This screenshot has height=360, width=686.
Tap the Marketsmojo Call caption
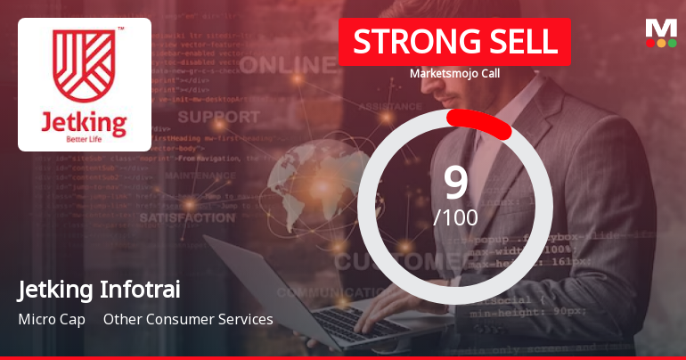tap(454, 74)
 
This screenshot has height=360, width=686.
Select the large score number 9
tap(455, 183)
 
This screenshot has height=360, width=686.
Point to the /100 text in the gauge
tap(455, 217)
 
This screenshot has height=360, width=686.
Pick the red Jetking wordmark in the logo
tap(84, 121)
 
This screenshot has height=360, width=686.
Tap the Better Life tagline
tap(84, 140)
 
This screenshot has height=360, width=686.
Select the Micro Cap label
tap(51, 319)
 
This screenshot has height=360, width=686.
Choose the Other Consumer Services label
tap(188, 319)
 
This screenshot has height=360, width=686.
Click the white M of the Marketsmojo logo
tap(661, 28)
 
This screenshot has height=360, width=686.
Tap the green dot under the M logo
tap(672, 43)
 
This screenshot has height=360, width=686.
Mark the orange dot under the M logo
tap(661, 43)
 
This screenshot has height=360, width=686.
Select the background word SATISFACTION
tap(187, 217)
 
